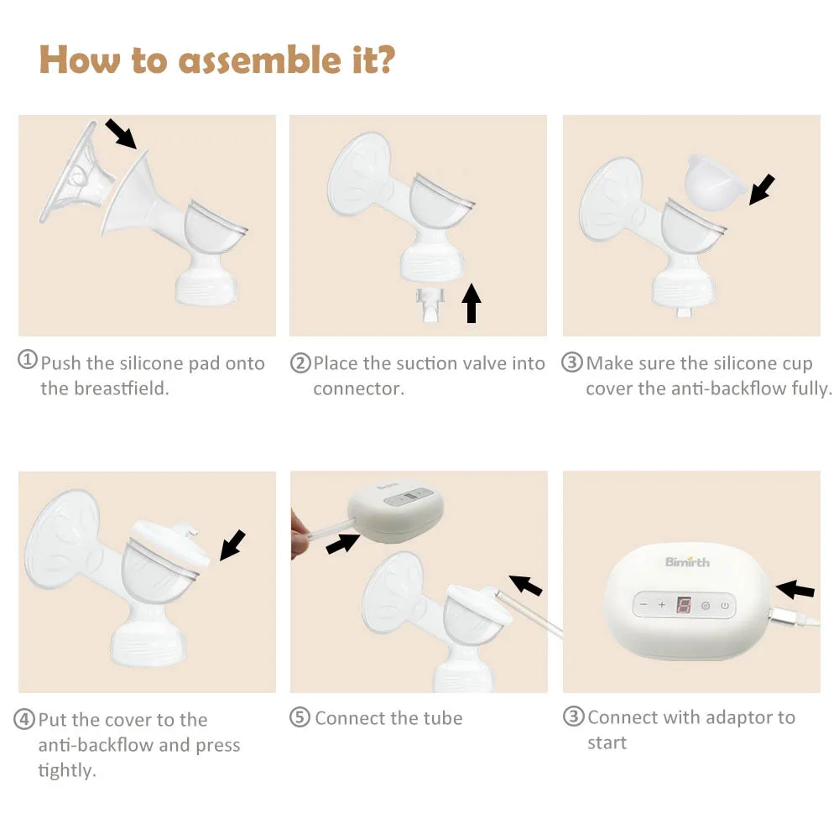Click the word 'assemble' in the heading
tap(259, 60)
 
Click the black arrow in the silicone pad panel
tap(120, 133)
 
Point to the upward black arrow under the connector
tap(471, 304)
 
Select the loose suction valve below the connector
tap(430, 304)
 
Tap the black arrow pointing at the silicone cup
tap(762, 189)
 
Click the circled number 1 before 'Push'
tap(28, 360)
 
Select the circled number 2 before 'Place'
tap(300, 362)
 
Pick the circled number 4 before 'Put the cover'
tap(24, 719)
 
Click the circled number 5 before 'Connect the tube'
tap(300, 717)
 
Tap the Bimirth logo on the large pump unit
tap(688, 562)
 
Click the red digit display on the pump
tap(684, 605)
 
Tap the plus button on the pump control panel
tap(661, 605)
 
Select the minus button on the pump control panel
tap(644, 605)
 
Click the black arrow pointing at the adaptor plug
tap(795, 589)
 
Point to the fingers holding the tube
tap(300, 535)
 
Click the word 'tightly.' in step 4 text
tap(67, 770)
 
